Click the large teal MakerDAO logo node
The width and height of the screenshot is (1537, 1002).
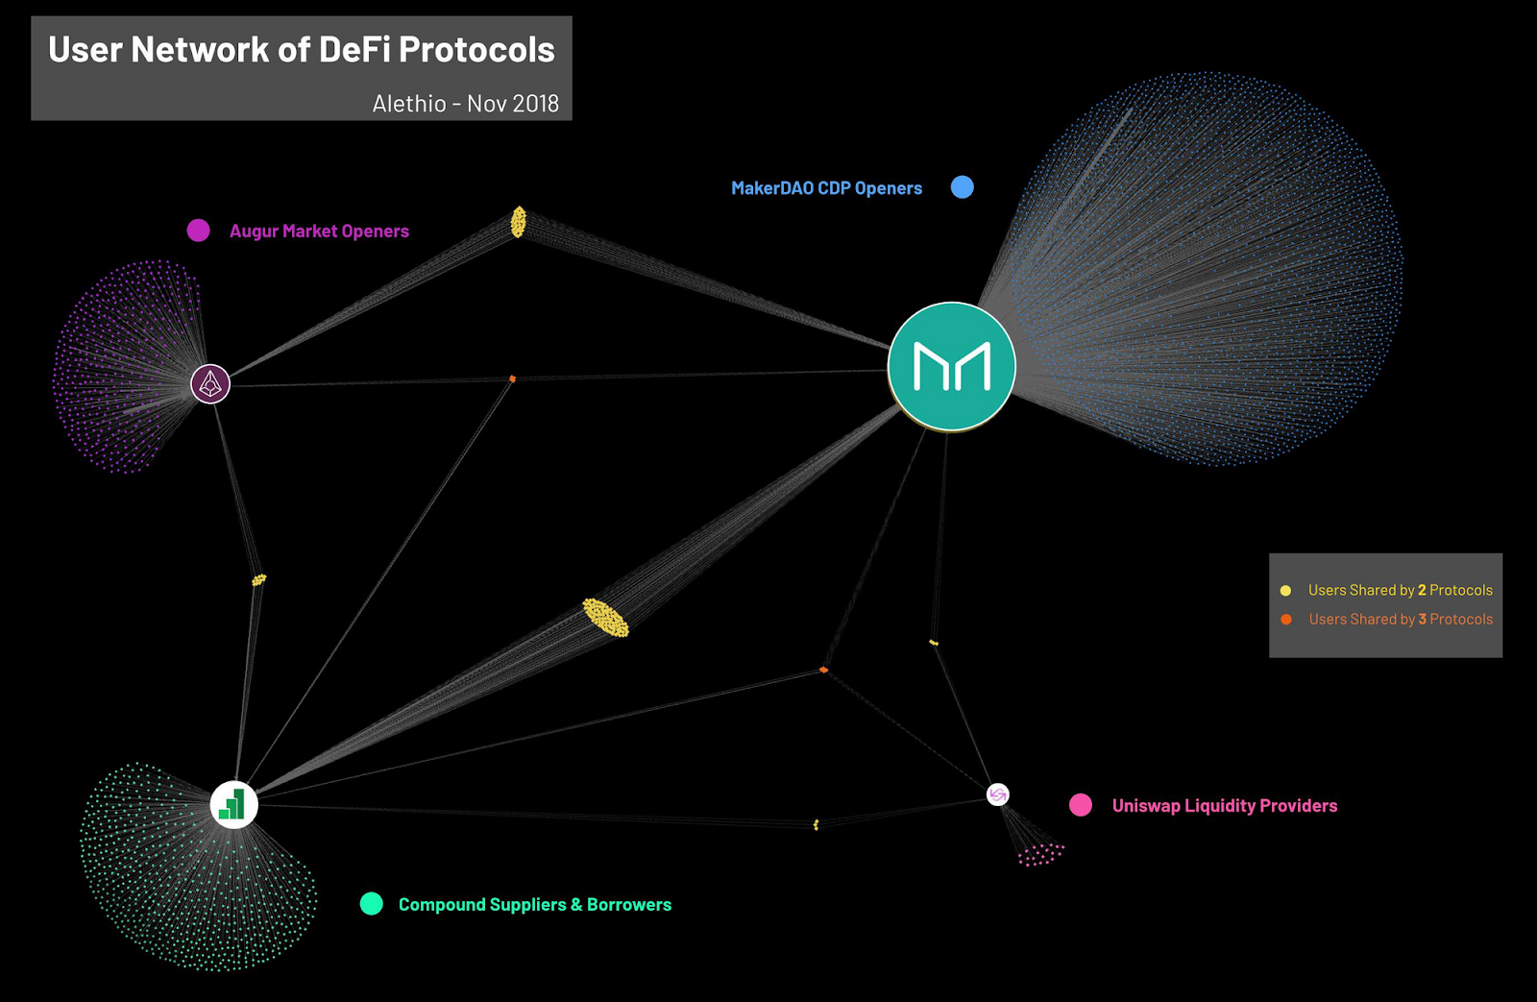pyautogui.click(x=951, y=366)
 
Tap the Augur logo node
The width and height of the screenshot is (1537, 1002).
pyautogui.click(x=210, y=384)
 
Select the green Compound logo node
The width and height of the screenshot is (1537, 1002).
pyautogui.click(x=233, y=804)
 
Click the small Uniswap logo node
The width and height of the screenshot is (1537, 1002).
pyautogui.click(x=998, y=794)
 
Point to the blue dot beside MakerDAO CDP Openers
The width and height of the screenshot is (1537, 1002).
pyautogui.click(x=962, y=187)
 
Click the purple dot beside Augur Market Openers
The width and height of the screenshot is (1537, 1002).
pyautogui.click(x=198, y=231)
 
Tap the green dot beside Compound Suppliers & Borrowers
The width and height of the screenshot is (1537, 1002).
pyautogui.click(x=371, y=904)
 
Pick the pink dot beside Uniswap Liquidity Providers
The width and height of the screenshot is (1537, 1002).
pyautogui.click(x=1081, y=805)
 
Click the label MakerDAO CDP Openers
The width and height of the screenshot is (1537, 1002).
pyautogui.click(x=826, y=188)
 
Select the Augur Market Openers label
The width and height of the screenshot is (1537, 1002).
pyautogui.click(x=319, y=232)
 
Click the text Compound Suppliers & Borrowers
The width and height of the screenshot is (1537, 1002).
pyautogui.click(x=534, y=905)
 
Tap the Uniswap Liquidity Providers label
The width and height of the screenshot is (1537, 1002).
pyautogui.click(x=1224, y=806)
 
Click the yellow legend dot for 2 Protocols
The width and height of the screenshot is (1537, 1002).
pyautogui.click(x=1285, y=591)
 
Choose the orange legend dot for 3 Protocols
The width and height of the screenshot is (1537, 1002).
pyautogui.click(x=1285, y=620)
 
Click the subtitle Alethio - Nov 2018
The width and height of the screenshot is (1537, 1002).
pyautogui.click(x=465, y=104)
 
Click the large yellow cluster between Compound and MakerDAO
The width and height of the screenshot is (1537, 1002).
pyautogui.click(x=605, y=618)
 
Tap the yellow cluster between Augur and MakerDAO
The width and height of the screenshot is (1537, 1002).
pyautogui.click(x=518, y=222)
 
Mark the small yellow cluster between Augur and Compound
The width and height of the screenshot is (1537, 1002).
pyautogui.click(x=258, y=580)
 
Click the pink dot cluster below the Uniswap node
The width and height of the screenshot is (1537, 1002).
pyautogui.click(x=1039, y=854)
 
